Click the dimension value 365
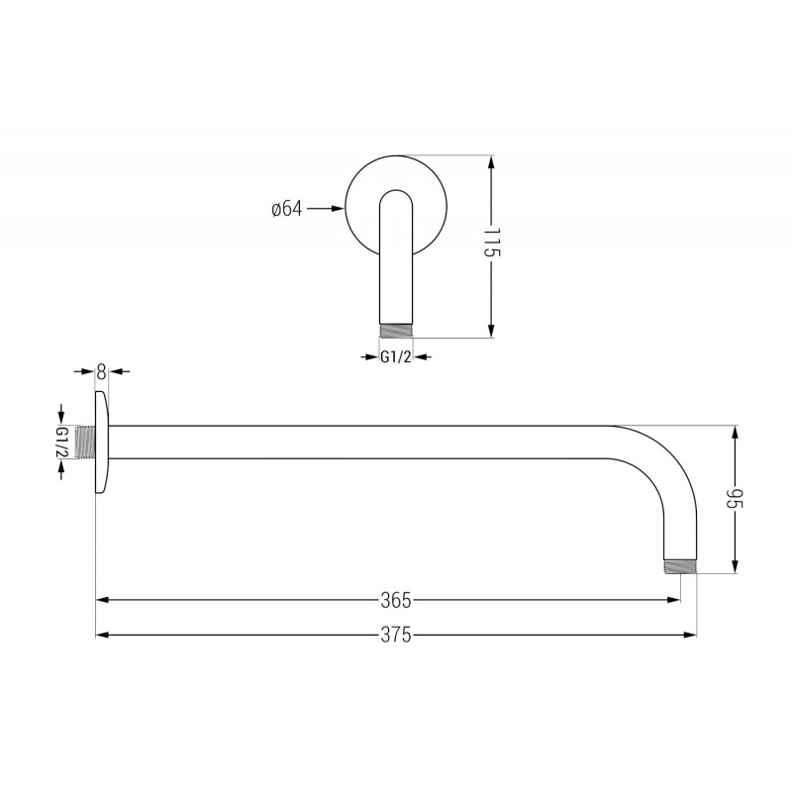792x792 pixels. coord(396,600)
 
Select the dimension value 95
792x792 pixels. coord(735,500)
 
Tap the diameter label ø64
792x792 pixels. coord(285,209)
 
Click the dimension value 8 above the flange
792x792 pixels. coord(102,371)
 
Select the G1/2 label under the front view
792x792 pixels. coord(396,356)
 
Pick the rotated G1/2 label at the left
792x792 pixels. coord(62,442)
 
